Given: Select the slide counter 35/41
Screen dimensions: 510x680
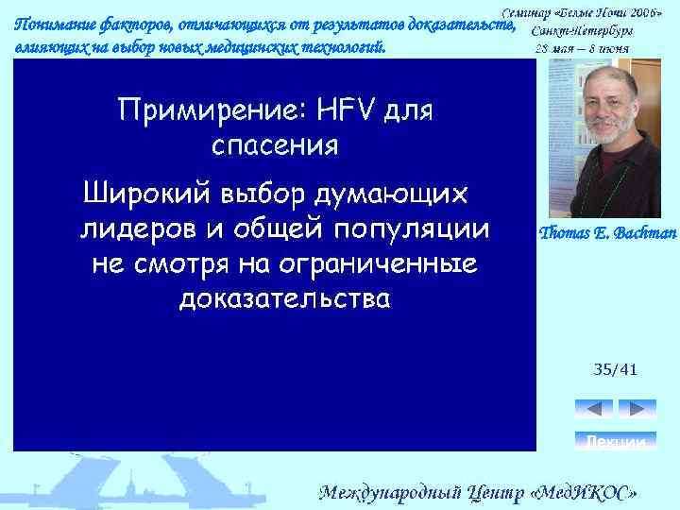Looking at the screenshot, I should coord(615,369).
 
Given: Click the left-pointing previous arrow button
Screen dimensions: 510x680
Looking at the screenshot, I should coord(594,409).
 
